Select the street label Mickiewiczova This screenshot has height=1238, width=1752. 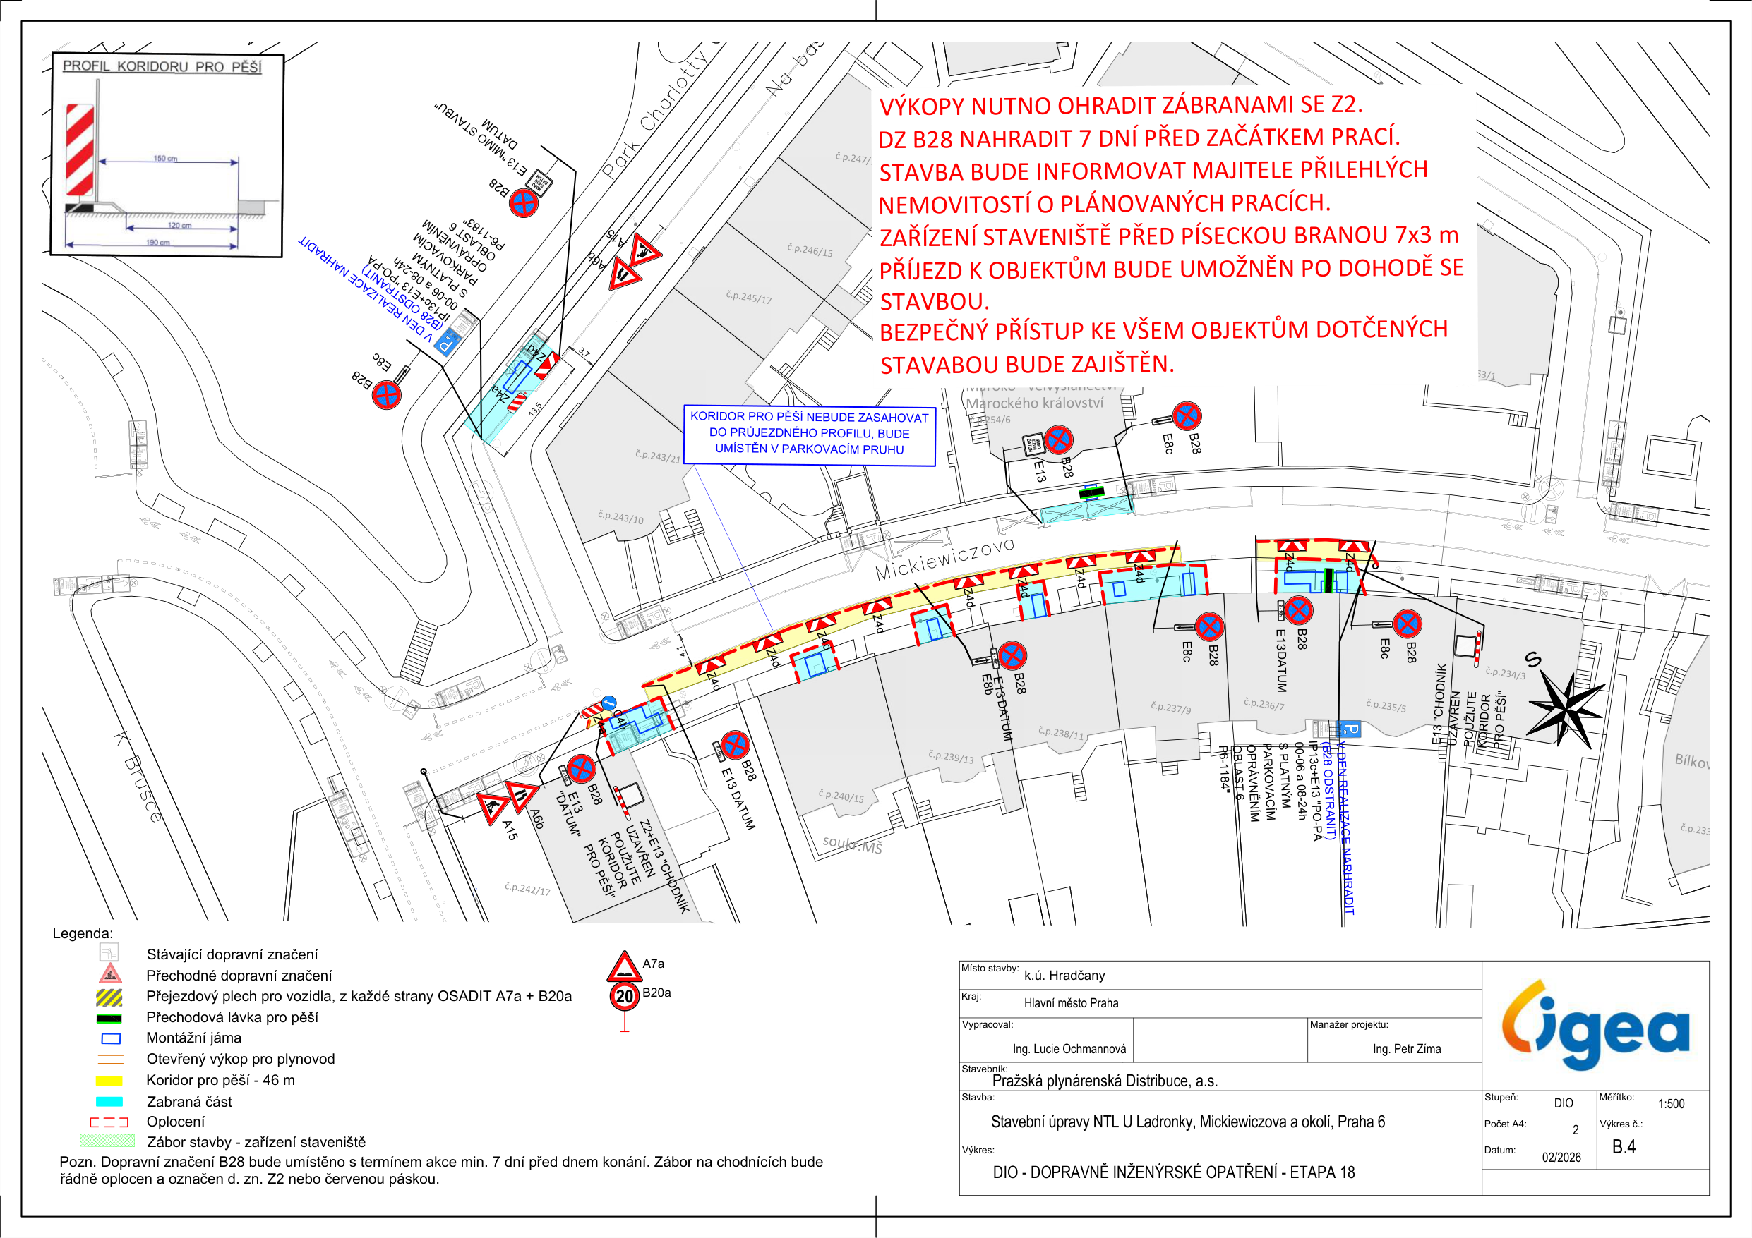(944, 557)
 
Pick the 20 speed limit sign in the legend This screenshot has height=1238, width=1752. (624, 996)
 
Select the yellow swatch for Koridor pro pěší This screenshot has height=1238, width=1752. (109, 1080)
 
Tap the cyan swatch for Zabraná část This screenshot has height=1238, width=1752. (109, 1101)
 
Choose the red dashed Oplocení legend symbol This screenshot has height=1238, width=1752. (109, 1122)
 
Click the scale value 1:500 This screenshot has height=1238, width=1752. (1670, 1104)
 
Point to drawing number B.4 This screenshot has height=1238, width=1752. (1623, 1146)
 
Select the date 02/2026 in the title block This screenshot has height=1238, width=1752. (1561, 1157)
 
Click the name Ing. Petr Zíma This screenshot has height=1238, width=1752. (1406, 1049)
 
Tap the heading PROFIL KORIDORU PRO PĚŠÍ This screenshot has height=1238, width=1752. (162, 66)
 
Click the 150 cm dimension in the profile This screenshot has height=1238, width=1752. (164, 159)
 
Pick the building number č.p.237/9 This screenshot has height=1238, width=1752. (1170, 708)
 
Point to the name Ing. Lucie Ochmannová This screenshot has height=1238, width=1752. (1068, 1049)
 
